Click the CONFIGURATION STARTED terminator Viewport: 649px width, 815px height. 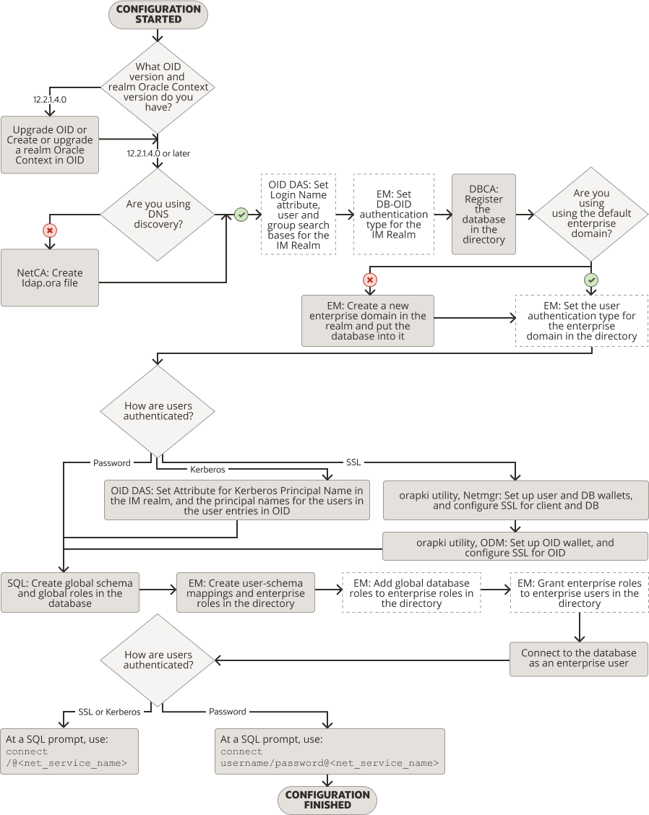[x=158, y=14]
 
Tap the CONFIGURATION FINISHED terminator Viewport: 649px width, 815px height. [x=327, y=800]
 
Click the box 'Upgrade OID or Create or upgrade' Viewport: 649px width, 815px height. [x=49, y=145]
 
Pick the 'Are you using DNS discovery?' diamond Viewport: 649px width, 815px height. [x=158, y=215]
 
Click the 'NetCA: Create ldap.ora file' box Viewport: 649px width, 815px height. [x=49, y=277]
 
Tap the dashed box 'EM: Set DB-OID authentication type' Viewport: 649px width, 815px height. [x=393, y=214]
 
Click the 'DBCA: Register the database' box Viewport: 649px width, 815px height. [x=483, y=214]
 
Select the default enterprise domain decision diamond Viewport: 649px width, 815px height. [x=591, y=214]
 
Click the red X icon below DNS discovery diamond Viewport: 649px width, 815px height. [x=50, y=230]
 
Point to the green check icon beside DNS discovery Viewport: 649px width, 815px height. [x=241, y=215]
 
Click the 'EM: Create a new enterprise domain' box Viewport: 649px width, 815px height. [x=368, y=321]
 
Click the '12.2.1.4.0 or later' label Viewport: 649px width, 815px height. [x=158, y=153]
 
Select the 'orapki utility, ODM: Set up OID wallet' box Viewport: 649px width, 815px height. [x=515, y=547]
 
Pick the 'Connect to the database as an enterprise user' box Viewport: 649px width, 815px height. [x=578, y=658]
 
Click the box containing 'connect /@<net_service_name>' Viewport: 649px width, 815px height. [x=69, y=751]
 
